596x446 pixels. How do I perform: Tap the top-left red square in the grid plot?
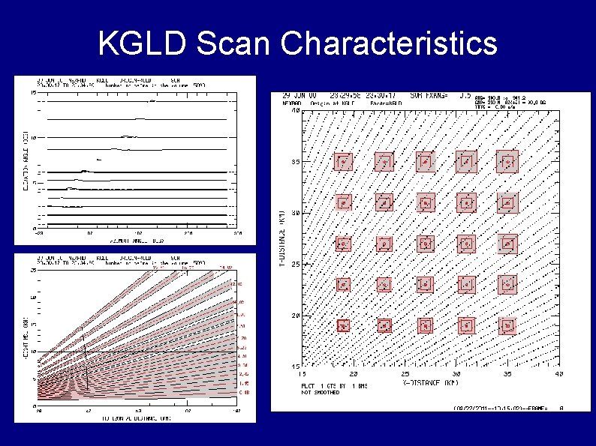344,161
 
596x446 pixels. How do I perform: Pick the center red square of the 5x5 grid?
426,244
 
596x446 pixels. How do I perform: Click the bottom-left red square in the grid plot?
344,325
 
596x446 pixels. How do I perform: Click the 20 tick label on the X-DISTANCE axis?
354,373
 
